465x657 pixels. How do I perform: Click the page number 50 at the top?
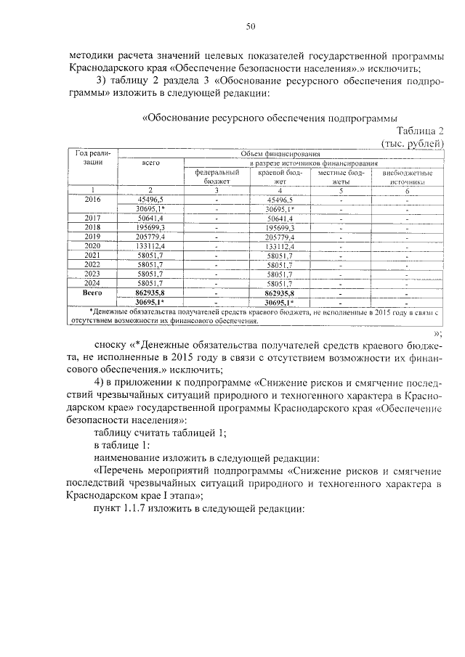pos(251,27)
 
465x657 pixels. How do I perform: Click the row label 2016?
pos(93,199)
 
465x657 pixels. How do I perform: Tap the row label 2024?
pos(93,303)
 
